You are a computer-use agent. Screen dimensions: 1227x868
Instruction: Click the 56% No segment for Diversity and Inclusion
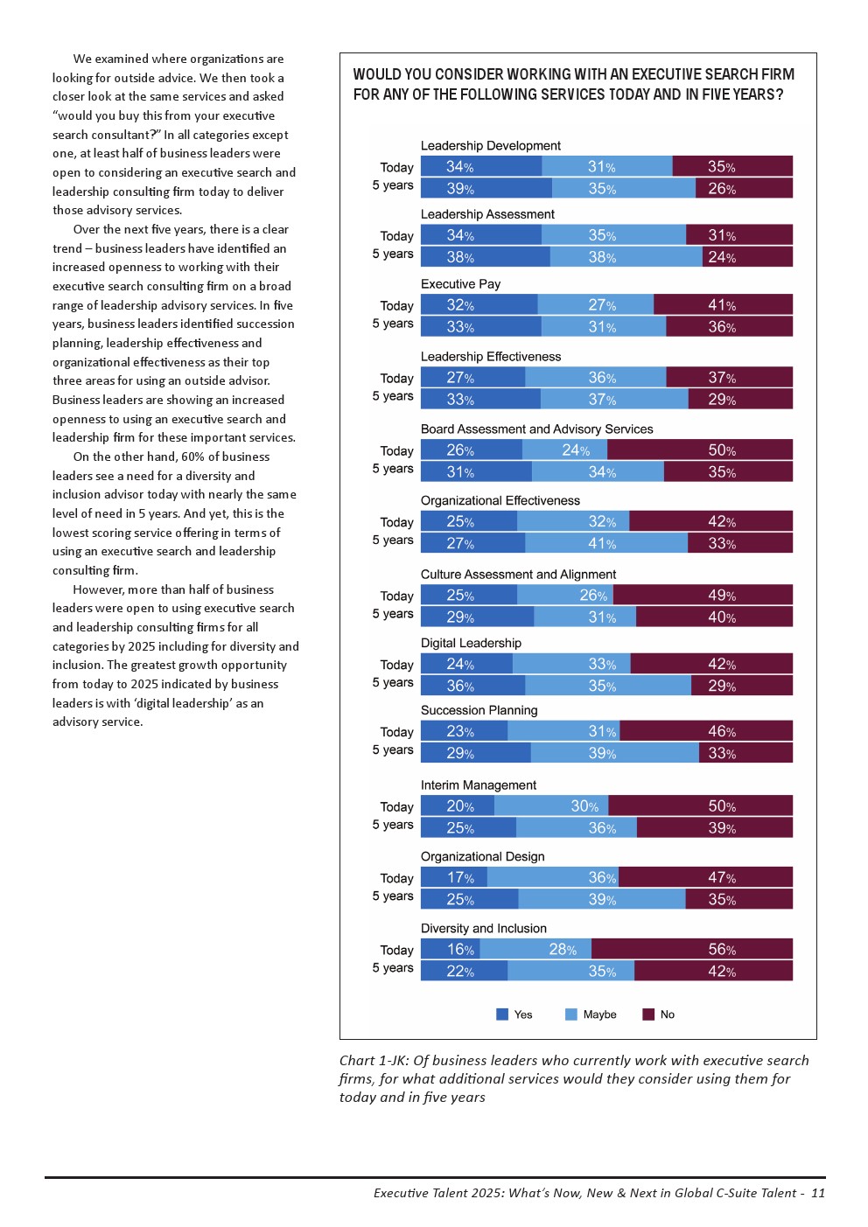[x=691, y=949]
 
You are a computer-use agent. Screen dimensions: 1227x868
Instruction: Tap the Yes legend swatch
[x=502, y=1014]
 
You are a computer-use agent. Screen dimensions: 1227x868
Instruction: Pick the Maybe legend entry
[x=591, y=1014]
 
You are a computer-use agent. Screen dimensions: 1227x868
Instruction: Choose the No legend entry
[x=659, y=1014]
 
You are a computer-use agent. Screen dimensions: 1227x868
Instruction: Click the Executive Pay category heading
[x=460, y=284]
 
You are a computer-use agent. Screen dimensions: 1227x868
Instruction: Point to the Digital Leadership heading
[x=471, y=643]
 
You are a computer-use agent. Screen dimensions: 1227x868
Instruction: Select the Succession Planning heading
[x=479, y=710]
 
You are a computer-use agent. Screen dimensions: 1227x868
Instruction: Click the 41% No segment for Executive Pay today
[x=723, y=304]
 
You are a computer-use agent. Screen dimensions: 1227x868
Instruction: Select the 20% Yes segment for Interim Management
[x=458, y=805]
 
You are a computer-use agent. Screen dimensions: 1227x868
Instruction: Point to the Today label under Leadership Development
[x=396, y=167]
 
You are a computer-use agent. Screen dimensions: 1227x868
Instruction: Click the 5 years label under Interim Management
[x=393, y=825]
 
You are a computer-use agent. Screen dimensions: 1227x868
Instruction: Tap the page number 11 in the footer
[x=817, y=1193]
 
